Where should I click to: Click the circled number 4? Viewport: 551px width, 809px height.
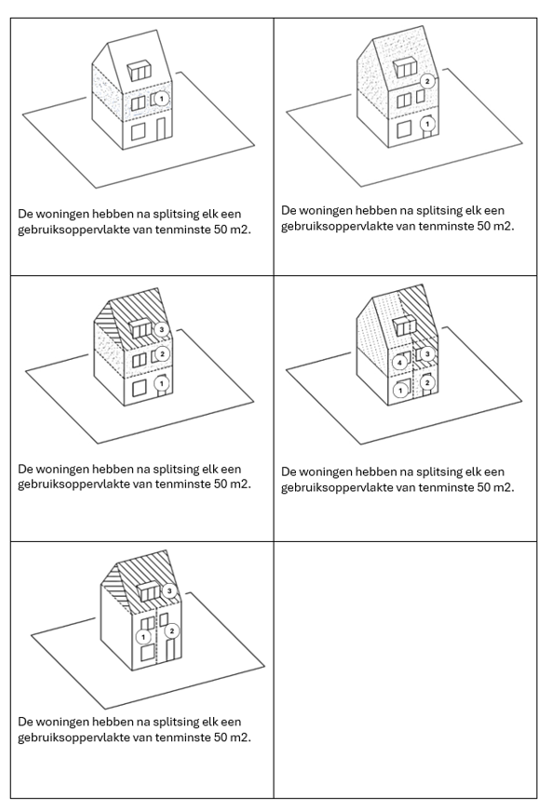point(399,363)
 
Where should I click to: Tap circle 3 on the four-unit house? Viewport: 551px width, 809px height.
point(427,354)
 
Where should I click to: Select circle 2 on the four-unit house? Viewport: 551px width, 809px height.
point(427,382)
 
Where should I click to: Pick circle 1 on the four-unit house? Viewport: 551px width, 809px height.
point(400,391)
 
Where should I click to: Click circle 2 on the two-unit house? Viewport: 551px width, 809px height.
point(427,81)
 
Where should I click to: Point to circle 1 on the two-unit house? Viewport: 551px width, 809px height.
point(427,124)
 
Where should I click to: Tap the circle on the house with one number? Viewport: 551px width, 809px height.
point(161,98)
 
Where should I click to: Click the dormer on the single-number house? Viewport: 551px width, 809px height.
point(140,71)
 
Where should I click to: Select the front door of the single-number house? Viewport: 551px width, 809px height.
point(161,129)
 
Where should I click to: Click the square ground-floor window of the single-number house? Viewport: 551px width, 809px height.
point(138,132)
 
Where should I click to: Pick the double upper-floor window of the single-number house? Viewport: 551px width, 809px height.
point(139,104)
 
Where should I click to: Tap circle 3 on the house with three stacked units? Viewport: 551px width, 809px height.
point(162,329)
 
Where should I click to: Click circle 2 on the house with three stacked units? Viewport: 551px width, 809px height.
point(162,354)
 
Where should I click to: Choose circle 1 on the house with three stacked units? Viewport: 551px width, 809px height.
point(162,383)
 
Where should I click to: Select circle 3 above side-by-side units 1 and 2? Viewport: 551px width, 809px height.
point(169,590)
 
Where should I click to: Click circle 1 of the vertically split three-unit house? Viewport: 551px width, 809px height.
point(143,637)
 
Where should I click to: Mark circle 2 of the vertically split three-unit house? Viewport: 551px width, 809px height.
point(172,630)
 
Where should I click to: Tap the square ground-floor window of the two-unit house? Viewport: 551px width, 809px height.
point(404,129)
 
